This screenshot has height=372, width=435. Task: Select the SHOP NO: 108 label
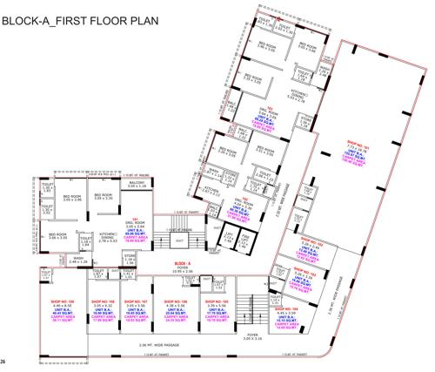click(105, 302)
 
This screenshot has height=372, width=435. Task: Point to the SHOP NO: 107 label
click(136, 302)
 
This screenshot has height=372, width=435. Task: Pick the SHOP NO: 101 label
click(358, 141)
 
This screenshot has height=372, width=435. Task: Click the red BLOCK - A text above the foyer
click(183, 261)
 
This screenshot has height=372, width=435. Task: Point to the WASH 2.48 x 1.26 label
click(77, 260)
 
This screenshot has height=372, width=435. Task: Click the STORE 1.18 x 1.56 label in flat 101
click(130, 259)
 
